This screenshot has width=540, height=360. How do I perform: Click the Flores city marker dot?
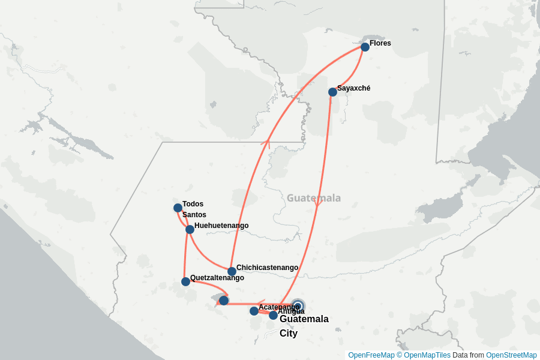(365, 47)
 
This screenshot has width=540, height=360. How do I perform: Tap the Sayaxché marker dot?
(332, 92)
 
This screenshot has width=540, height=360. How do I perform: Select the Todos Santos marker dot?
(178, 208)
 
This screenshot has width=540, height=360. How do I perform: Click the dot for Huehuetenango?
(190, 229)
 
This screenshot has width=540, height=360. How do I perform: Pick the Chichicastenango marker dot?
(232, 271)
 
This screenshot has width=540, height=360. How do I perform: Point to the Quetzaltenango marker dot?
(185, 281)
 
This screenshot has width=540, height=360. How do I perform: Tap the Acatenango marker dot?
(254, 311)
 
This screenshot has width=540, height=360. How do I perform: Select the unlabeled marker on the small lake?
(224, 300)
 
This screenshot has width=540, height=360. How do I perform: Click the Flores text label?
(380, 43)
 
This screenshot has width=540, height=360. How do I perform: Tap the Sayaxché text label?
(353, 88)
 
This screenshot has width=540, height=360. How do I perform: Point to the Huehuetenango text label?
(221, 226)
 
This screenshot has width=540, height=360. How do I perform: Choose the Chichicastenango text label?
(267, 268)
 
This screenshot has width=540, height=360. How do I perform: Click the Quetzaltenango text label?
(217, 278)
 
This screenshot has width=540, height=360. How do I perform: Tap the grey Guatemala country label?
(313, 198)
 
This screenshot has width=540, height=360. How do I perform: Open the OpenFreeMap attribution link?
(371, 355)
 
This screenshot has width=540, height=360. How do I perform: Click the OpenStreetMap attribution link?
(511, 355)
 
